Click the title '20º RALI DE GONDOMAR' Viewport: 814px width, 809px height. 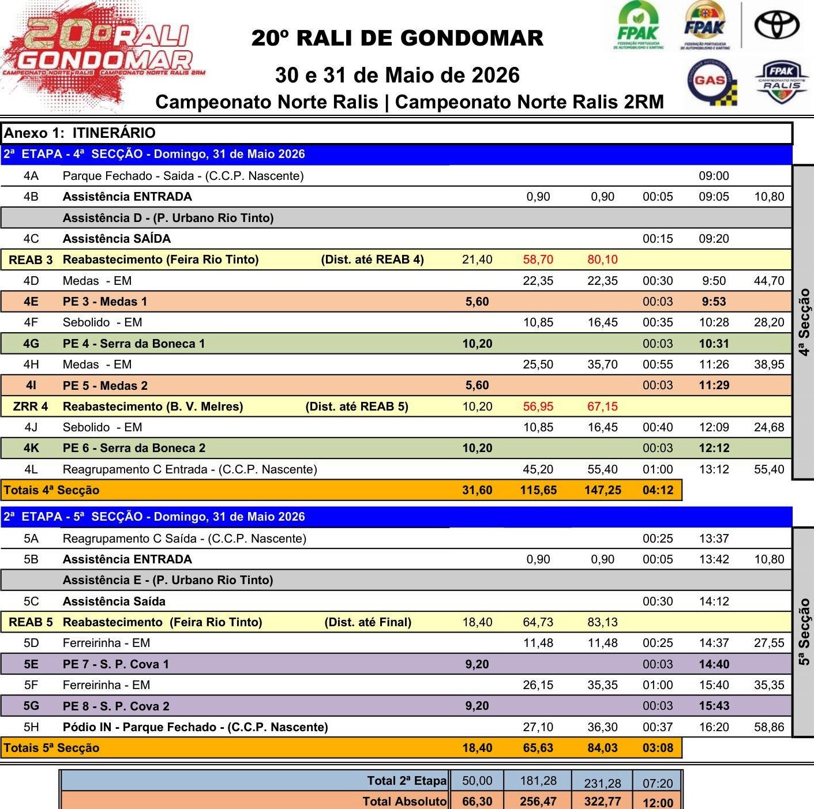click(x=397, y=38)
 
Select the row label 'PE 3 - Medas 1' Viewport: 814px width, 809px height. click(x=105, y=302)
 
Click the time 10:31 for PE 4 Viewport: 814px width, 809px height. click(x=714, y=344)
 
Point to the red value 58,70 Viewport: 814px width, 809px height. click(x=538, y=259)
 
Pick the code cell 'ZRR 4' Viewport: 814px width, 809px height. click(x=31, y=407)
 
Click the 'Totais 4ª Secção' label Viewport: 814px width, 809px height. click(x=52, y=490)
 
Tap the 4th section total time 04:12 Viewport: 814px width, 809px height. click(x=658, y=490)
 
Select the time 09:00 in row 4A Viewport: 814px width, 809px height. click(x=714, y=176)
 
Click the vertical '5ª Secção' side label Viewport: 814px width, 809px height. click(x=804, y=632)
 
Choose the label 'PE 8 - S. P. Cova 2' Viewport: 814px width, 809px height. click(x=116, y=706)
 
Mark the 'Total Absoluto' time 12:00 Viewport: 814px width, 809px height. click(x=658, y=802)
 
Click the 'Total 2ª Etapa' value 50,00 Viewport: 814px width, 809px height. click(x=477, y=781)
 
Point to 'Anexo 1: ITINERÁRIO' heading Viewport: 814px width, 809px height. click(x=80, y=133)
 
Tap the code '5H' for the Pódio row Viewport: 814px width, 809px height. click(x=31, y=727)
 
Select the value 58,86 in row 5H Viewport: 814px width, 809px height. click(x=769, y=727)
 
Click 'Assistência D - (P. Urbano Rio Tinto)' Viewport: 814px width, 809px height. click(x=168, y=218)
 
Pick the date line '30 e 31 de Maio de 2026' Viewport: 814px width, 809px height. click(x=397, y=76)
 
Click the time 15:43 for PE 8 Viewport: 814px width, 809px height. click(x=714, y=706)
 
